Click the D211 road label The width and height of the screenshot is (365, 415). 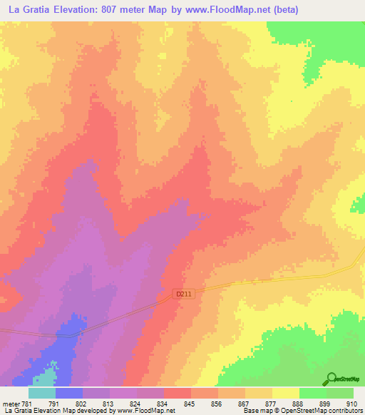pyautogui.click(x=184, y=293)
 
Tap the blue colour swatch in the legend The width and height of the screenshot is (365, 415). pyautogui.click(x=68, y=393)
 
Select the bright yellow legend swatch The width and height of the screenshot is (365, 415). pyautogui.click(x=285, y=393)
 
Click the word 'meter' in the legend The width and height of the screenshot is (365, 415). pyautogui.click(x=9, y=403)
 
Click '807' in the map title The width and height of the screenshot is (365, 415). pyautogui.click(x=113, y=10)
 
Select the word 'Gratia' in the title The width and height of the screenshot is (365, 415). pyautogui.click(x=34, y=10)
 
